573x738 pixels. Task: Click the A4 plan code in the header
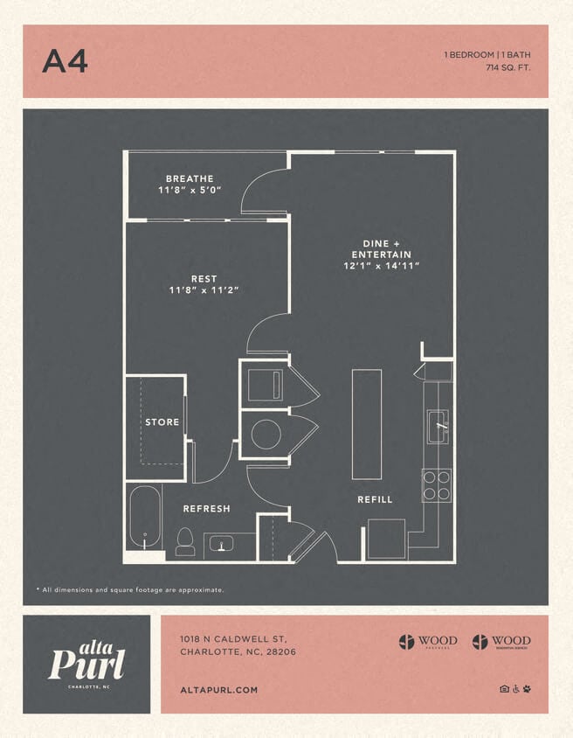tap(65, 61)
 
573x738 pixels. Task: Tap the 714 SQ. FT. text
tap(508, 67)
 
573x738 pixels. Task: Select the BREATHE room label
tap(190, 179)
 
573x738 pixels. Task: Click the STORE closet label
tap(162, 422)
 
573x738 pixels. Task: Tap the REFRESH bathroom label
tap(206, 509)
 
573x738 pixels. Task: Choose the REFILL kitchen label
tap(375, 499)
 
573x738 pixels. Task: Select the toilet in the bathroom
tap(184, 541)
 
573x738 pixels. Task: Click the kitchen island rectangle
tap(367, 424)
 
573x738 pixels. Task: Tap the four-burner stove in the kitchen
tap(437, 485)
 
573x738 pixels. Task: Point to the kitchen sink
tap(438, 427)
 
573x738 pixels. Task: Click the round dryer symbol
tap(266, 435)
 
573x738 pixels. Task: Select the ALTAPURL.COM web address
tap(218, 690)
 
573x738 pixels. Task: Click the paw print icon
tap(527, 689)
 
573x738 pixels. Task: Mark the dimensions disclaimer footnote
tap(129, 590)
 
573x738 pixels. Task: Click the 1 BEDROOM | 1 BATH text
tap(487, 54)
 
